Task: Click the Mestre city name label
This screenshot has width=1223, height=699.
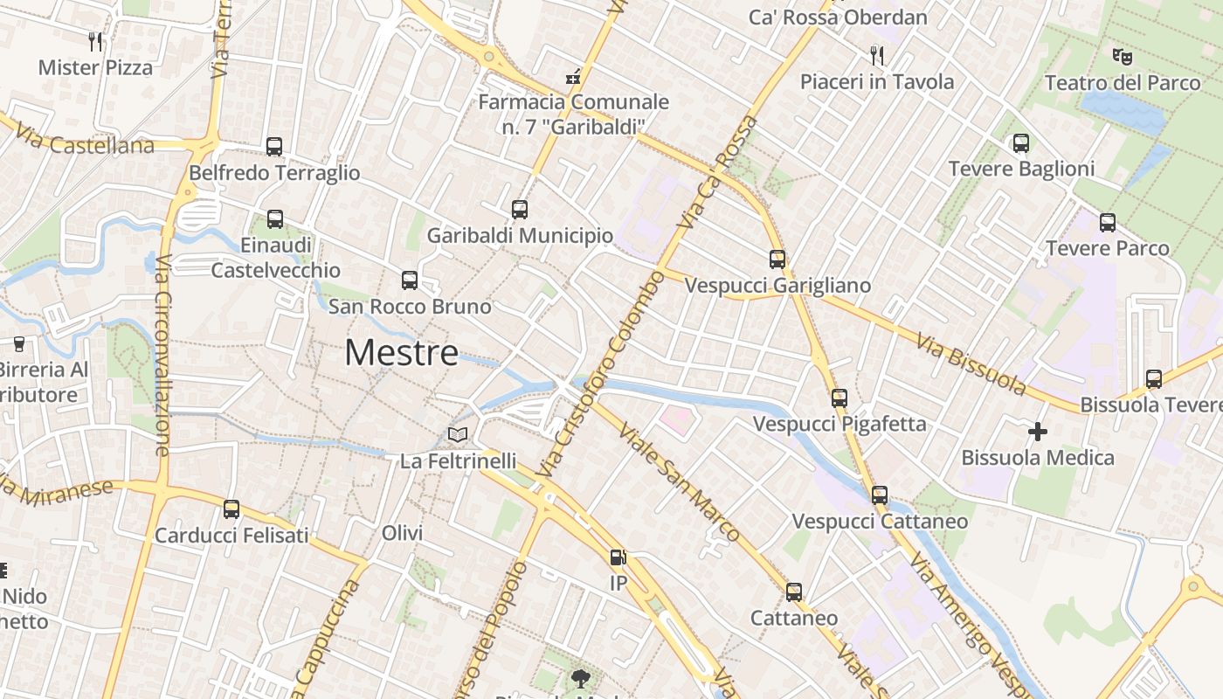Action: click(x=401, y=353)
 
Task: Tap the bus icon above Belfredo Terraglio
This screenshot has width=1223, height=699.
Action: click(x=274, y=147)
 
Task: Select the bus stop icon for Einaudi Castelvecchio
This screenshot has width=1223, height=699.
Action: click(x=275, y=219)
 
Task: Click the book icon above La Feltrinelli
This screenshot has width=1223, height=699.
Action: click(x=458, y=434)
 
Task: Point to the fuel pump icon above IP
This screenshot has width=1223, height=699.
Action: click(x=618, y=557)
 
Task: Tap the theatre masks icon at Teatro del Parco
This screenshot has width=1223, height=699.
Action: click(x=1123, y=57)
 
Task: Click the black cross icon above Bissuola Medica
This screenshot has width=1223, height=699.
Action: click(x=1038, y=432)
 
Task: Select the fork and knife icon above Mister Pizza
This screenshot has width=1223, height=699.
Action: click(x=95, y=41)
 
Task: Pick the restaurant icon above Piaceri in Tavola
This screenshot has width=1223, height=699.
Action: click(x=877, y=56)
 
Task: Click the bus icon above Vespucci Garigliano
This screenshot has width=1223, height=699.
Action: click(x=777, y=260)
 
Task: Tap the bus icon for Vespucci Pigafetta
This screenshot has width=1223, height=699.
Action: click(x=840, y=398)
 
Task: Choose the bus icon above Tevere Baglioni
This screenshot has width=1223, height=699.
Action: click(x=1021, y=143)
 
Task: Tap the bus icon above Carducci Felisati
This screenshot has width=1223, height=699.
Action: click(x=231, y=509)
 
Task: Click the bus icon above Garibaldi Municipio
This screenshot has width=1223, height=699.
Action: click(x=520, y=210)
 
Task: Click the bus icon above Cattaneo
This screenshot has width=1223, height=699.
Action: click(x=794, y=592)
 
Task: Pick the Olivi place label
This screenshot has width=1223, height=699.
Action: click(x=402, y=533)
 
